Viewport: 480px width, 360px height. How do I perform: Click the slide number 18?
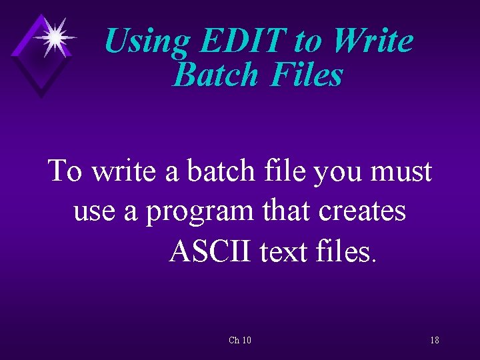coord(434,341)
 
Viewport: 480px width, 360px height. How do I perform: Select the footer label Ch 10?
coord(239,341)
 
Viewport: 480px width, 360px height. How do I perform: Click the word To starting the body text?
coord(65,171)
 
